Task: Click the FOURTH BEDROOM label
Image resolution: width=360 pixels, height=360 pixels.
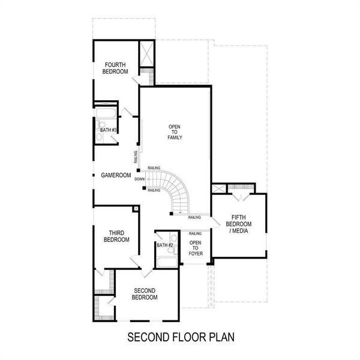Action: click(116, 68)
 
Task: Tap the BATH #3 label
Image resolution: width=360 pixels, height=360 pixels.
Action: click(108, 130)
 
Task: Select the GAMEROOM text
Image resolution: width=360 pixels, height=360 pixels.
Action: click(116, 175)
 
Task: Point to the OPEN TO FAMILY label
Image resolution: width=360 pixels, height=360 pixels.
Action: click(175, 132)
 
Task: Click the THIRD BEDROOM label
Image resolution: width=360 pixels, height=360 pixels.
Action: click(116, 236)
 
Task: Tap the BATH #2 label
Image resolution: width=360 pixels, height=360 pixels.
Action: click(165, 245)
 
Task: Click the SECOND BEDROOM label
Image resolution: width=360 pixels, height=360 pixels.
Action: click(145, 294)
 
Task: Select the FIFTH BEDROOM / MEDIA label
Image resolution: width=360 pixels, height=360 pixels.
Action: click(239, 224)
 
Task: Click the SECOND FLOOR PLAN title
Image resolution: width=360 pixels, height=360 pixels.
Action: click(181, 337)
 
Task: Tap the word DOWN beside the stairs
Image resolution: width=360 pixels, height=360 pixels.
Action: click(139, 179)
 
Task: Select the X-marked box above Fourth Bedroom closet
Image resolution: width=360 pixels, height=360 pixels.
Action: click(147, 55)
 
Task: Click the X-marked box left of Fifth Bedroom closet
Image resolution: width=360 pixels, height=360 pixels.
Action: click(219, 188)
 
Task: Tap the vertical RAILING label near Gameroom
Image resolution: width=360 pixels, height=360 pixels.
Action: click(136, 157)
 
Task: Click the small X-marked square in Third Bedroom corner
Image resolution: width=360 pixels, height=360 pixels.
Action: click(136, 209)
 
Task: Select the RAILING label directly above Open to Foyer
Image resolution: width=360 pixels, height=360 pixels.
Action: click(195, 233)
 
